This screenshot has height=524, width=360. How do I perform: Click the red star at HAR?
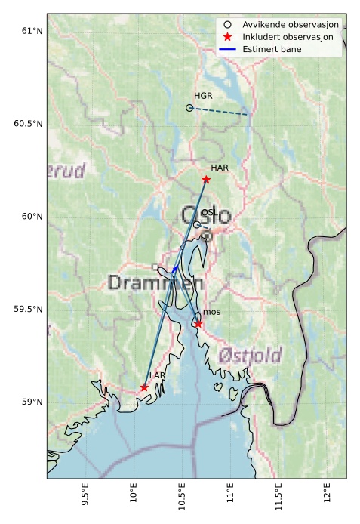[206, 180]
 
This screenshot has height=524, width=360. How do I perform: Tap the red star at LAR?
[144, 387]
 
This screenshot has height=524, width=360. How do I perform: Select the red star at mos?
[198, 324]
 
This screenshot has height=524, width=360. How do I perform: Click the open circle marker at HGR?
[189, 108]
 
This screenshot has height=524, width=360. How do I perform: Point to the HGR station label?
[203, 96]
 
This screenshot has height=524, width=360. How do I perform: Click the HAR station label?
[220, 168]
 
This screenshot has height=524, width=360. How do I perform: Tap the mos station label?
[211, 312]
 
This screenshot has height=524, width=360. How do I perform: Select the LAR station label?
[157, 375]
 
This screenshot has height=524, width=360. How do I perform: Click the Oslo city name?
[206, 216]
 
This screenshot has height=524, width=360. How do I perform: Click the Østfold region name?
[250, 355]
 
